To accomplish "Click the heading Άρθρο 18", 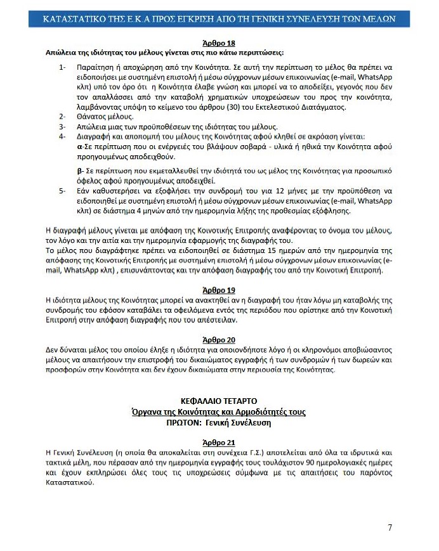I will tap(218, 42).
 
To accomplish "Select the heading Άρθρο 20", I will tap(218, 340).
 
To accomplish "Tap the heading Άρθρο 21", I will tap(218, 443).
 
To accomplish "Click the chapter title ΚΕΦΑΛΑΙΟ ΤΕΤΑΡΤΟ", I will tap(218, 401).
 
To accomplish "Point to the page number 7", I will tap(390, 528).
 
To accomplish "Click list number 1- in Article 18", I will tap(62, 67).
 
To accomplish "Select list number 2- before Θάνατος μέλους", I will tap(62, 117).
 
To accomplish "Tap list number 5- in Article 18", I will tap(62, 191).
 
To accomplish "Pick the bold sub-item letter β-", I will tap(79, 171).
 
